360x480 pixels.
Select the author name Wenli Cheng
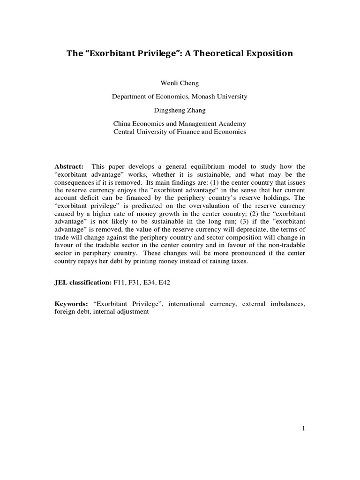(180, 83)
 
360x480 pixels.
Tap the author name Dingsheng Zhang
(180, 110)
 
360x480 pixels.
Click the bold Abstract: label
(69, 166)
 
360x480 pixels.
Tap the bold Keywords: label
(71, 304)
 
